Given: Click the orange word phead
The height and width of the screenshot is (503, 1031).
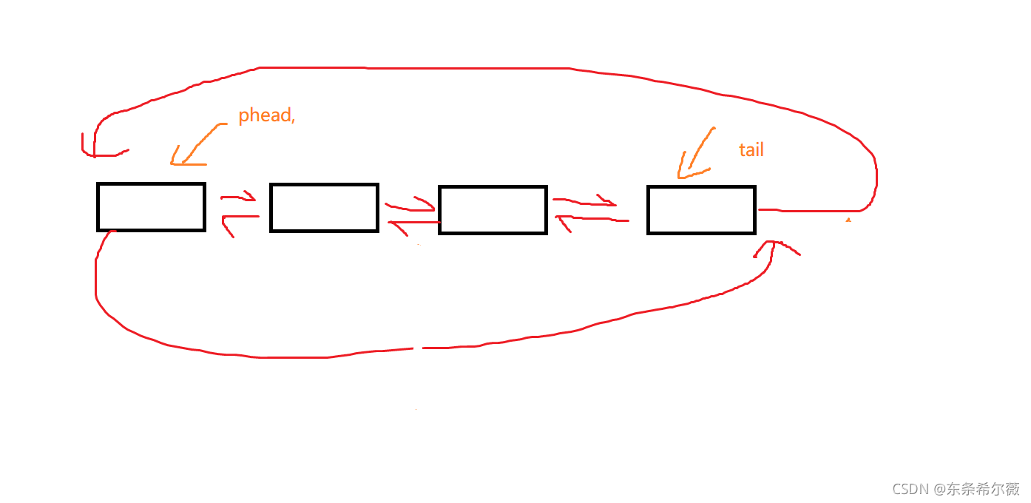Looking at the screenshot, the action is [x=265, y=115].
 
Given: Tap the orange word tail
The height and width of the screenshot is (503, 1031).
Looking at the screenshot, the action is [x=751, y=149].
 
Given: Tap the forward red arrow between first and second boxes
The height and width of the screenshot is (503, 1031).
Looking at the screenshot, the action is [x=238, y=197].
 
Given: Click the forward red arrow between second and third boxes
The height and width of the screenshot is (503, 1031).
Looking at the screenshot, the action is [x=410, y=205].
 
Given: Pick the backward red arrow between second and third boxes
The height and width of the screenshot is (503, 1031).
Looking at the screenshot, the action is [x=414, y=223].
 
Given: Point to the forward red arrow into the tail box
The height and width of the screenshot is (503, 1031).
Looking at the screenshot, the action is [x=584, y=201].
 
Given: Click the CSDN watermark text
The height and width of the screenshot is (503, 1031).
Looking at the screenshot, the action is [x=956, y=489].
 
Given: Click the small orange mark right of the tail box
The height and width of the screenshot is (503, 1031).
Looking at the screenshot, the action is [x=848, y=220].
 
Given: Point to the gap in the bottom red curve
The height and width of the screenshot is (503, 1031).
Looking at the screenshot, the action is [x=417, y=348].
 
